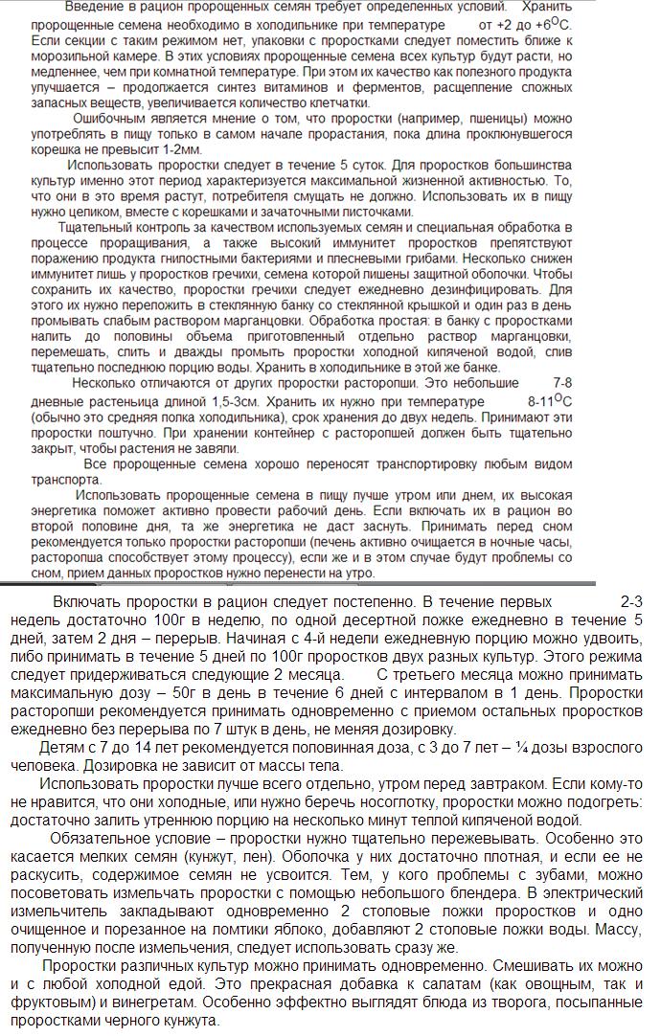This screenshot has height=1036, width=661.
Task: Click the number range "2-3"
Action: [x=632, y=603]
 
